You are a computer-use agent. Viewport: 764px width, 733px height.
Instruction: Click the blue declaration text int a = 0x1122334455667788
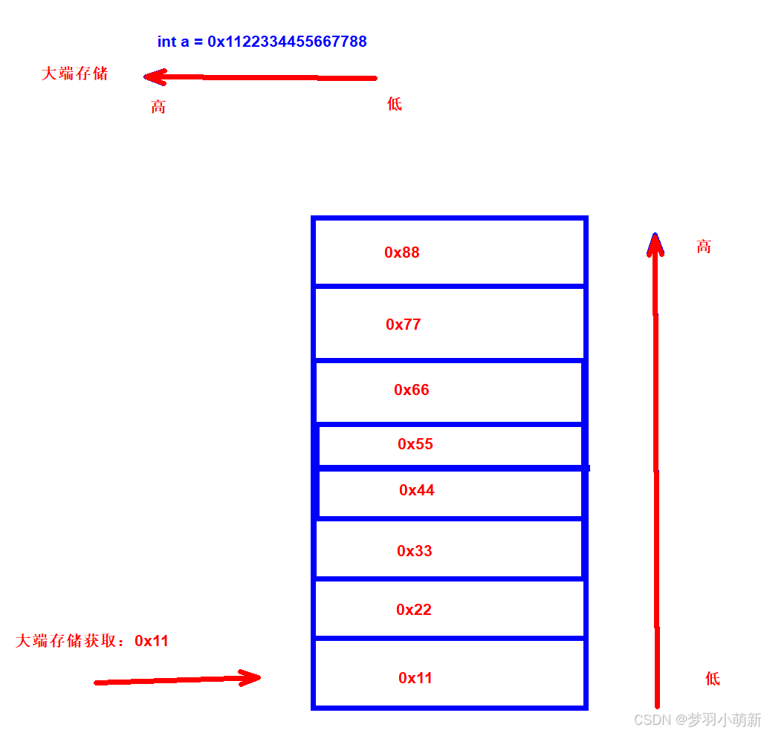[x=262, y=42]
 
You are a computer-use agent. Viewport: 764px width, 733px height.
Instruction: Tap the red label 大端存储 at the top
[x=74, y=74]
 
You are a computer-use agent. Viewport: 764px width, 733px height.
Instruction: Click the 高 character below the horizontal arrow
[x=158, y=107]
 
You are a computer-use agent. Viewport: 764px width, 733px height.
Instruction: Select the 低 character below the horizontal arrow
[x=395, y=104]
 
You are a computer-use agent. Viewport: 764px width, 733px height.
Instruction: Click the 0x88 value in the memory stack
[x=402, y=253]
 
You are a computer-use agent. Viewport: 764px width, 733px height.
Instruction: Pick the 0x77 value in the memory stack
[x=404, y=325]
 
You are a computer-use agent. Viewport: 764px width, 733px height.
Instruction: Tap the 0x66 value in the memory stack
[x=412, y=390]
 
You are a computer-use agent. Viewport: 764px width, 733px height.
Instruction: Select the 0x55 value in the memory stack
[x=415, y=444]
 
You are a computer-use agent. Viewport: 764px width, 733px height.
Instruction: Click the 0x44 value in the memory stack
[x=417, y=490]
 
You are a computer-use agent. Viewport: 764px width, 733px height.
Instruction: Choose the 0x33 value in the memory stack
[x=415, y=551]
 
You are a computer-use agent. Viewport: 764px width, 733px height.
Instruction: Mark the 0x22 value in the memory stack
[x=414, y=610]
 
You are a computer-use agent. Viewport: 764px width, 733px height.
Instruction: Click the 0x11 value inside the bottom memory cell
[x=415, y=678]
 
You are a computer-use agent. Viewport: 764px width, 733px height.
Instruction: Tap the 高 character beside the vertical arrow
[x=704, y=247]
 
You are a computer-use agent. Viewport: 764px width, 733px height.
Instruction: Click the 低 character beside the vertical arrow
[x=713, y=678]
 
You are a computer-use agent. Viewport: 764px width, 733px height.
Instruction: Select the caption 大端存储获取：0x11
[x=92, y=641]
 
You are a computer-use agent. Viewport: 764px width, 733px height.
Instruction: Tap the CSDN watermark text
[x=698, y=720]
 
